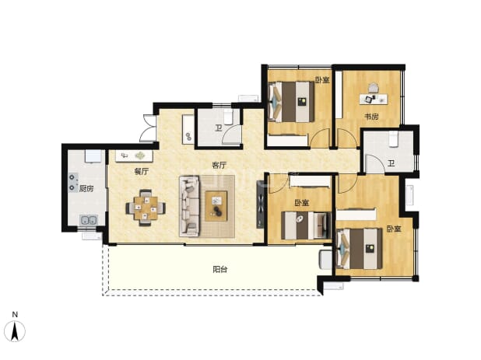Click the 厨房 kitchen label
point(86,189)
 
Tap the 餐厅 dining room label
point(141,172)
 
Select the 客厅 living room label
point(219,165)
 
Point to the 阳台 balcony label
point(220,270)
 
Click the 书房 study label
point(371,117)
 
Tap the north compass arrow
point(15,331)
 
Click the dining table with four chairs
point(146,208)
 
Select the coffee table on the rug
point(216,206)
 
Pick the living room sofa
point(190,206)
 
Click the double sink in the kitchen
point(89,220)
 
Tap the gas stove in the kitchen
point(73,183)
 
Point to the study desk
point(374,99)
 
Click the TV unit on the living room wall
point(260,204)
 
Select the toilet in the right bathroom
point(393,140)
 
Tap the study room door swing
point(346,138)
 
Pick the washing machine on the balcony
point(325,260)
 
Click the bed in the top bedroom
point(291,102)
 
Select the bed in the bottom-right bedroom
point(360,249)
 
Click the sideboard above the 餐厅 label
point(134,156)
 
